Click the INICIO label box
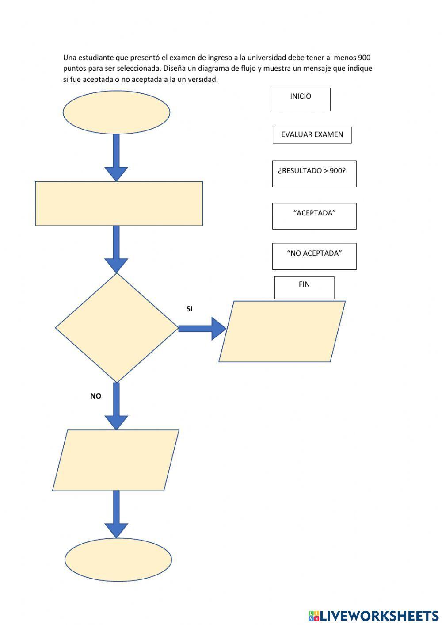click(x=301, y=99)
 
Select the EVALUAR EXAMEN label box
click(x=312, y=135)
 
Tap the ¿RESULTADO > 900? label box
click(x=314, y=173)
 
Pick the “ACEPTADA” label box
click(x=314, y=216)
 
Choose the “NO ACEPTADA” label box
click(x=314, y=256)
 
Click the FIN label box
click(x=304, y=287)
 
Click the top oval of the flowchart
click(x=116, y=112)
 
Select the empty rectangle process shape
click(x=118, y=203)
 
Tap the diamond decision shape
click(x=117, y=328)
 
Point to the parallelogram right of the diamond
click(x=282, y=331)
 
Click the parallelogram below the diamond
click(x=116, y=460)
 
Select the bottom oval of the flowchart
click(x=118, y=560)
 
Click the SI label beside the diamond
click(x=190, y=309)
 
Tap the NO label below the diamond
click(x=95, y=396)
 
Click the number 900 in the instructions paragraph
click(x=364, y=58)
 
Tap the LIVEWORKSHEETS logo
click(x=373, y=615)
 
